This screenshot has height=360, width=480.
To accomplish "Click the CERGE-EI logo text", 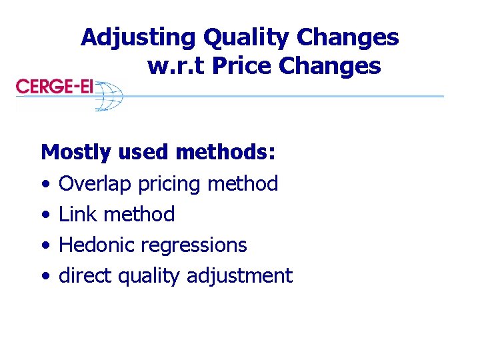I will pyautogui.click(x=54, y=87).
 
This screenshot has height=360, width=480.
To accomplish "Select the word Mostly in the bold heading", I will pyautogui.click(x=76, y=153).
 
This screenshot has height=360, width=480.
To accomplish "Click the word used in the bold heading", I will pyautogui.click(x=144, y=152).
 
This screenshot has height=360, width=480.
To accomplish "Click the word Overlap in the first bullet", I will pyautogui.click(x=95, y=183).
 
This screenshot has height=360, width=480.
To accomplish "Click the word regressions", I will pyautogui.click(x=193, y=246).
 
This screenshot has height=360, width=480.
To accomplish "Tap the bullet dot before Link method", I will pyautogui.click(x=44, y=215).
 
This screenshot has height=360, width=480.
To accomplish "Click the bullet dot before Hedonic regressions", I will pyautogui.click(x=44, y=246).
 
